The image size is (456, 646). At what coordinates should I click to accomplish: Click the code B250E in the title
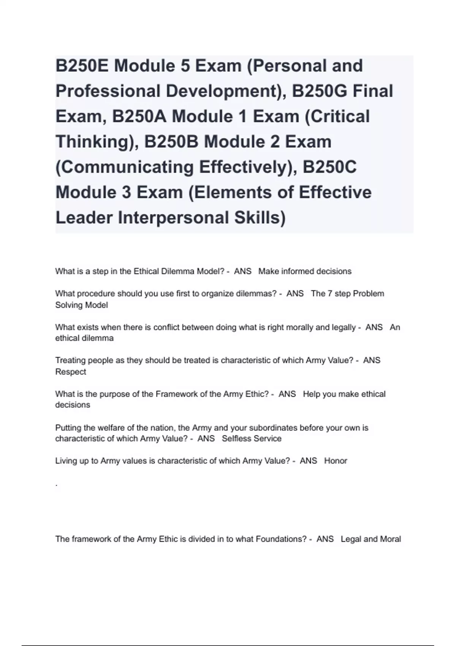pos(82,66)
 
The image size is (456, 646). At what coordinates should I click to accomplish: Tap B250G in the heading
pos(319,91)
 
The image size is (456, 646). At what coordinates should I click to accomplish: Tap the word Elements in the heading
pos(232,192)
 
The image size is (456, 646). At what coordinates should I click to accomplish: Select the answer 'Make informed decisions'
pos(305,271)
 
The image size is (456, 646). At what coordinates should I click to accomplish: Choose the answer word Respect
pos(71,372)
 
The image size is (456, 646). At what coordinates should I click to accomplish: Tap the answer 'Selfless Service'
pos(252,439)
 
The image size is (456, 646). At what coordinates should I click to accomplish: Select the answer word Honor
pos(336,461)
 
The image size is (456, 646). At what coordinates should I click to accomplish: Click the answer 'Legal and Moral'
pos(370,539)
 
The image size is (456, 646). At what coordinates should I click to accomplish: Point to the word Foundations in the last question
pos(281,539)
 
